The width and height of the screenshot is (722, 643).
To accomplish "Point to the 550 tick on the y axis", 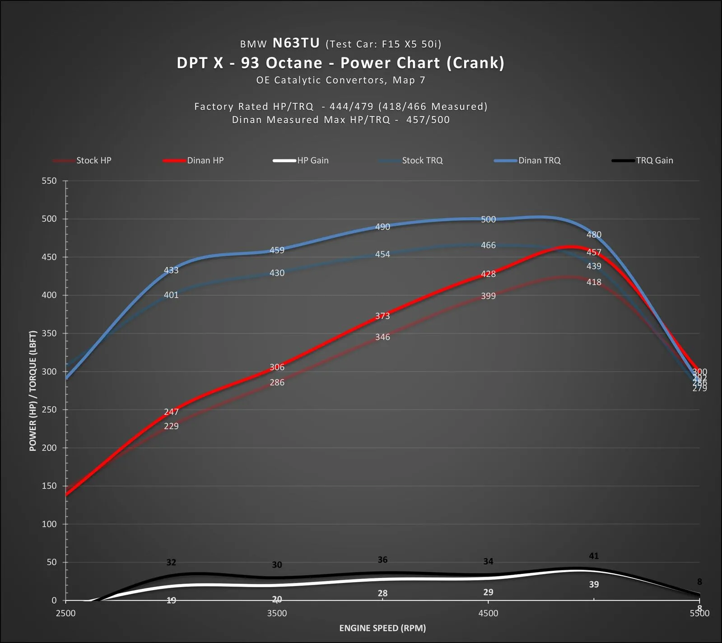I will (49, 181).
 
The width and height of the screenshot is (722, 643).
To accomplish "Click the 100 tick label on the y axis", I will (49, 524).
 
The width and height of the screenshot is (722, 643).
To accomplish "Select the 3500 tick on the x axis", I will (277, 613).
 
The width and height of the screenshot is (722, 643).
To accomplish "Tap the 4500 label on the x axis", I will (488, 613).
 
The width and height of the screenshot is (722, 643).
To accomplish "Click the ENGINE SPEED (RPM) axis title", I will (382, 628).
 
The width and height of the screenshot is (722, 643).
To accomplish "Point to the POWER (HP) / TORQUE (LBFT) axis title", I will (33, 391).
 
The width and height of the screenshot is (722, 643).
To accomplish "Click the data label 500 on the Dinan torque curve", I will (488, 219).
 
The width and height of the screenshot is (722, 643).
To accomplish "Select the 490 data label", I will (382, 227).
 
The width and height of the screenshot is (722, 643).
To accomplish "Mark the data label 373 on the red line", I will (382, 316).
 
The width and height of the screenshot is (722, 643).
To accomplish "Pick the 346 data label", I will (382, 337).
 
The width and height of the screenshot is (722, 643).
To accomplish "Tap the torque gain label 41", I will (594, 556).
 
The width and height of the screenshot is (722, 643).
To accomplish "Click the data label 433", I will (171, 270).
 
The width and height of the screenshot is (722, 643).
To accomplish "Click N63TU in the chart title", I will (296, 43).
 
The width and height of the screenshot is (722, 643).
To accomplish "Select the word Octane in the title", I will (294, 63).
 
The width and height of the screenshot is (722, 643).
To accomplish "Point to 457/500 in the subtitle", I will (428, 120).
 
